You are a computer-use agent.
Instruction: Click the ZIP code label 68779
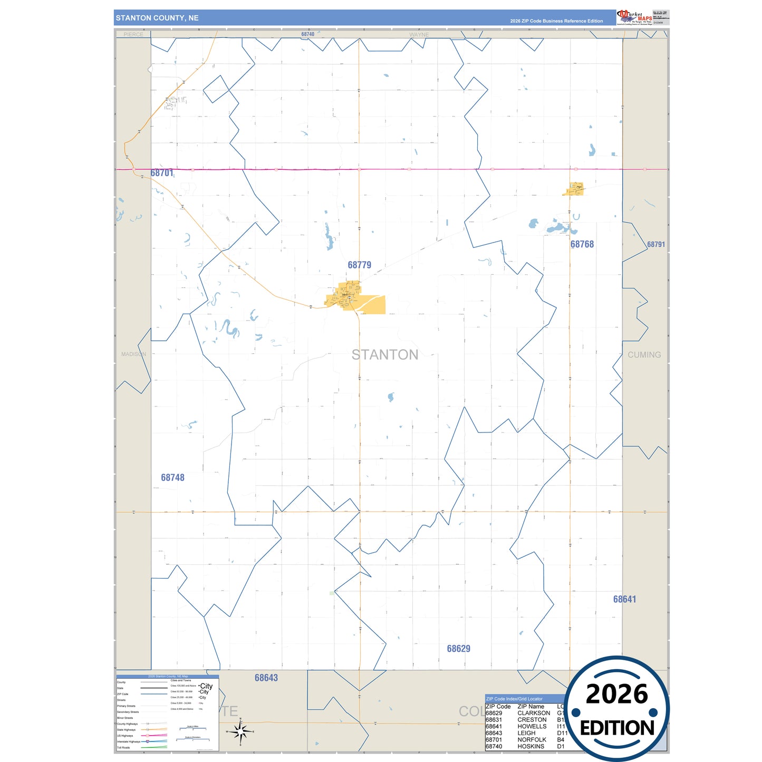pyautogui.click(x=359, y=265)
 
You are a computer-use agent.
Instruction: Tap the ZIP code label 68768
pyautogui.click(x=582, y=244)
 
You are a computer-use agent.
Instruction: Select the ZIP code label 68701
pyautogui.click(x=161, y=173)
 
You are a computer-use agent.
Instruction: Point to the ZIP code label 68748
pyautogui.click(x=172, y=477)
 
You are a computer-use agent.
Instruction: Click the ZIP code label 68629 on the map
pyautogui.click(x=458, y=649)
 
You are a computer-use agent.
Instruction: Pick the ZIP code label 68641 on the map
pyautogui.click(x=624, y=599)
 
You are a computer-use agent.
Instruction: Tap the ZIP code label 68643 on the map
pyautogui.click(x=266, y=678)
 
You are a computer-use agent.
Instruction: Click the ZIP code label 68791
pyautogui.click(x=656, y=244)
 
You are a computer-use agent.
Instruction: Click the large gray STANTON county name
pyautogui.click(x=385, y=355)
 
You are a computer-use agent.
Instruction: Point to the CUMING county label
pyautogui.click(x=644, y=355)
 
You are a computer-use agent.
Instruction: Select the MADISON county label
pyautogui.click(x=133, y=354)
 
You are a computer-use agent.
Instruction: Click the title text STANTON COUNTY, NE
pyautogui.click(x=157, y=18)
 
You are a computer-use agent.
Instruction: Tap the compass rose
pyautogui.click(x=240, y=731)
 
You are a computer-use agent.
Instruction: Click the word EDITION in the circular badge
pyautogui.click(x=616, y=728)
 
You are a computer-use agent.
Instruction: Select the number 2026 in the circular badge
pyautogui.click(x=616, y=694)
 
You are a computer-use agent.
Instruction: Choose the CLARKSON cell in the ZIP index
pyautogui.click(x=533, y=713)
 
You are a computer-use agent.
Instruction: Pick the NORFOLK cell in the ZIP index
pyautogui.click(x=532, y=740)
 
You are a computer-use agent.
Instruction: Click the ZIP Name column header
pyautogui.click(x=530, y=707)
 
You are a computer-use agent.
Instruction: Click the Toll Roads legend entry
pyautogui.click(x=123, y=747)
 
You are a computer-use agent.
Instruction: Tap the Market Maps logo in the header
pyautogui.click(x=634, y=17)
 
